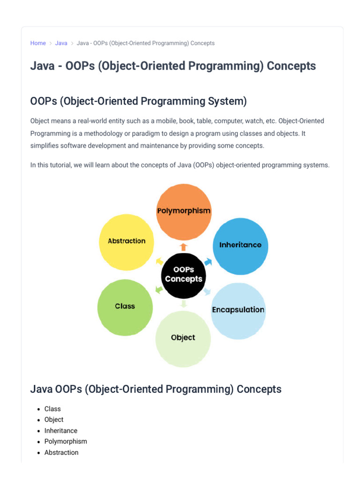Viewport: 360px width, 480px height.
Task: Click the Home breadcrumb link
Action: click(x=38, y=43)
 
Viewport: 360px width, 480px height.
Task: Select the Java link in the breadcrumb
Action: click(x=61, y=43)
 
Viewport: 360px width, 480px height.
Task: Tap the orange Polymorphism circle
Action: click(x=184, y=212)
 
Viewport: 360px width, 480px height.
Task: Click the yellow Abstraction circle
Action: click(x=127, y=242)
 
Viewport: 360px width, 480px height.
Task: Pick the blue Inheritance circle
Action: click(x=240, y=246)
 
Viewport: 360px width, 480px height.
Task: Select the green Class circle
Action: click(x=125, y=307)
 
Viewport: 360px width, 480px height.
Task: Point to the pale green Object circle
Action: click(x=183, y=339)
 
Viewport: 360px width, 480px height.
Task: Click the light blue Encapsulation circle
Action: click(x=238, y=311)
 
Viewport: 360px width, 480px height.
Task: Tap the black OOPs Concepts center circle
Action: click(x=184, y=276)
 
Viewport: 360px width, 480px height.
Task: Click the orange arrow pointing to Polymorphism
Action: click(x=183, y=247)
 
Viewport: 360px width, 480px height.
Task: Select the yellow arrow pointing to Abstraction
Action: click(x=159, y=261)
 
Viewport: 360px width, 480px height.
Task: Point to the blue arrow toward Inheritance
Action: click(x=208, y=262)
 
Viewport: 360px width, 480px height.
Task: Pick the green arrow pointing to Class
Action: click(x=159, y=289)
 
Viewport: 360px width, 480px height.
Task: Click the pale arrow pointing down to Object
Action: click(x=183, y=303)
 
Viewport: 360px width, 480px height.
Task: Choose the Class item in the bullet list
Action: click(x=52, y=409)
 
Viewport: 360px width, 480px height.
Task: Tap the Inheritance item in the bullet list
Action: click(x=61, y=431)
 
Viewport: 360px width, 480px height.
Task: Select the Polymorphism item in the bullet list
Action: click(x=66, y=442)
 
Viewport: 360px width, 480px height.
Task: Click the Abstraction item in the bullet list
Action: click(x=61, y=452)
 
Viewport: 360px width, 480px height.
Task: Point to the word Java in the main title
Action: click(x=43, y=66)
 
